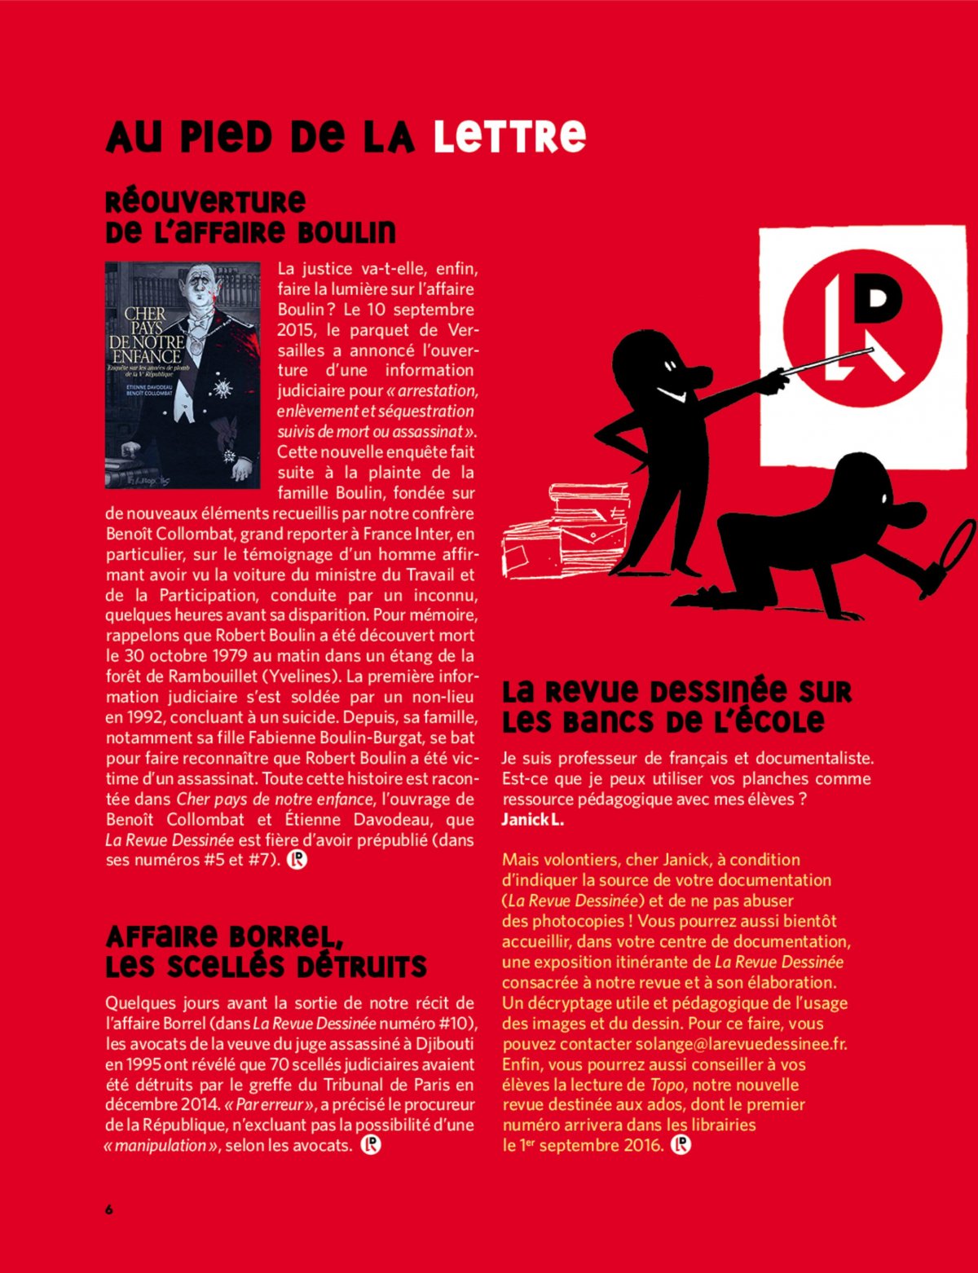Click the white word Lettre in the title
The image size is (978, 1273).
pos(509,137)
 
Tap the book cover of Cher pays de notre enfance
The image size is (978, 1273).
pos(183,375)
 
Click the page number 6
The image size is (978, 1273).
pos(109,1209)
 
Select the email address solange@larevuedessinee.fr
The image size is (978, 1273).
pos(740,1044)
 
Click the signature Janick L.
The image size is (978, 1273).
pos(533,820)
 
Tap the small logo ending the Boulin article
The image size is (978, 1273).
pos(297,860)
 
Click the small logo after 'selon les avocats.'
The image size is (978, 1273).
pos(371,1145)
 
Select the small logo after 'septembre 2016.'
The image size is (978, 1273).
pos(681,1145)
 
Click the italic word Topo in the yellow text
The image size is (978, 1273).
pos(667,1085)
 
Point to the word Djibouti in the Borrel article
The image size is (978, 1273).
pos(445,1044)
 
